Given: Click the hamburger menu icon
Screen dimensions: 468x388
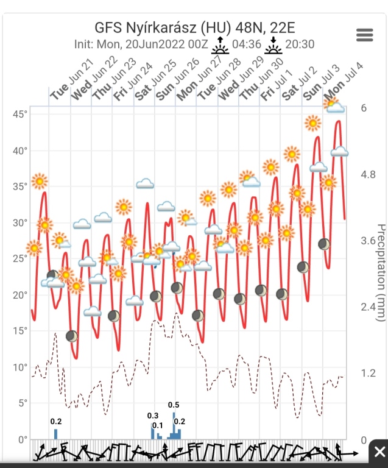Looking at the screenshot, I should click(364, 35).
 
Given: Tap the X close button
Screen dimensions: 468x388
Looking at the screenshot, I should click(378, 452).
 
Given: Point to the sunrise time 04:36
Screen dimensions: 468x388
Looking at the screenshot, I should click(247, 44).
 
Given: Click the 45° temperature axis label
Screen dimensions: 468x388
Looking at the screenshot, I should click(20, 115).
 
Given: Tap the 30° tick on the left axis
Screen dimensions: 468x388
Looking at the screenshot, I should click(20, 223).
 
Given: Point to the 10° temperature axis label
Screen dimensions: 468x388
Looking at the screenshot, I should click(20, 367).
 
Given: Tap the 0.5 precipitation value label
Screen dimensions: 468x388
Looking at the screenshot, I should click(174, 405).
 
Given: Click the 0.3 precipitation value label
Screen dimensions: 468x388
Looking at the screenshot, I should click(153, 416).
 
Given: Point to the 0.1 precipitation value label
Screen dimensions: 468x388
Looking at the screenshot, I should click(158, 425).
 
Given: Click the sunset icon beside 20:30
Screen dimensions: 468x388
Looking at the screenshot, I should click(273, 42).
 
